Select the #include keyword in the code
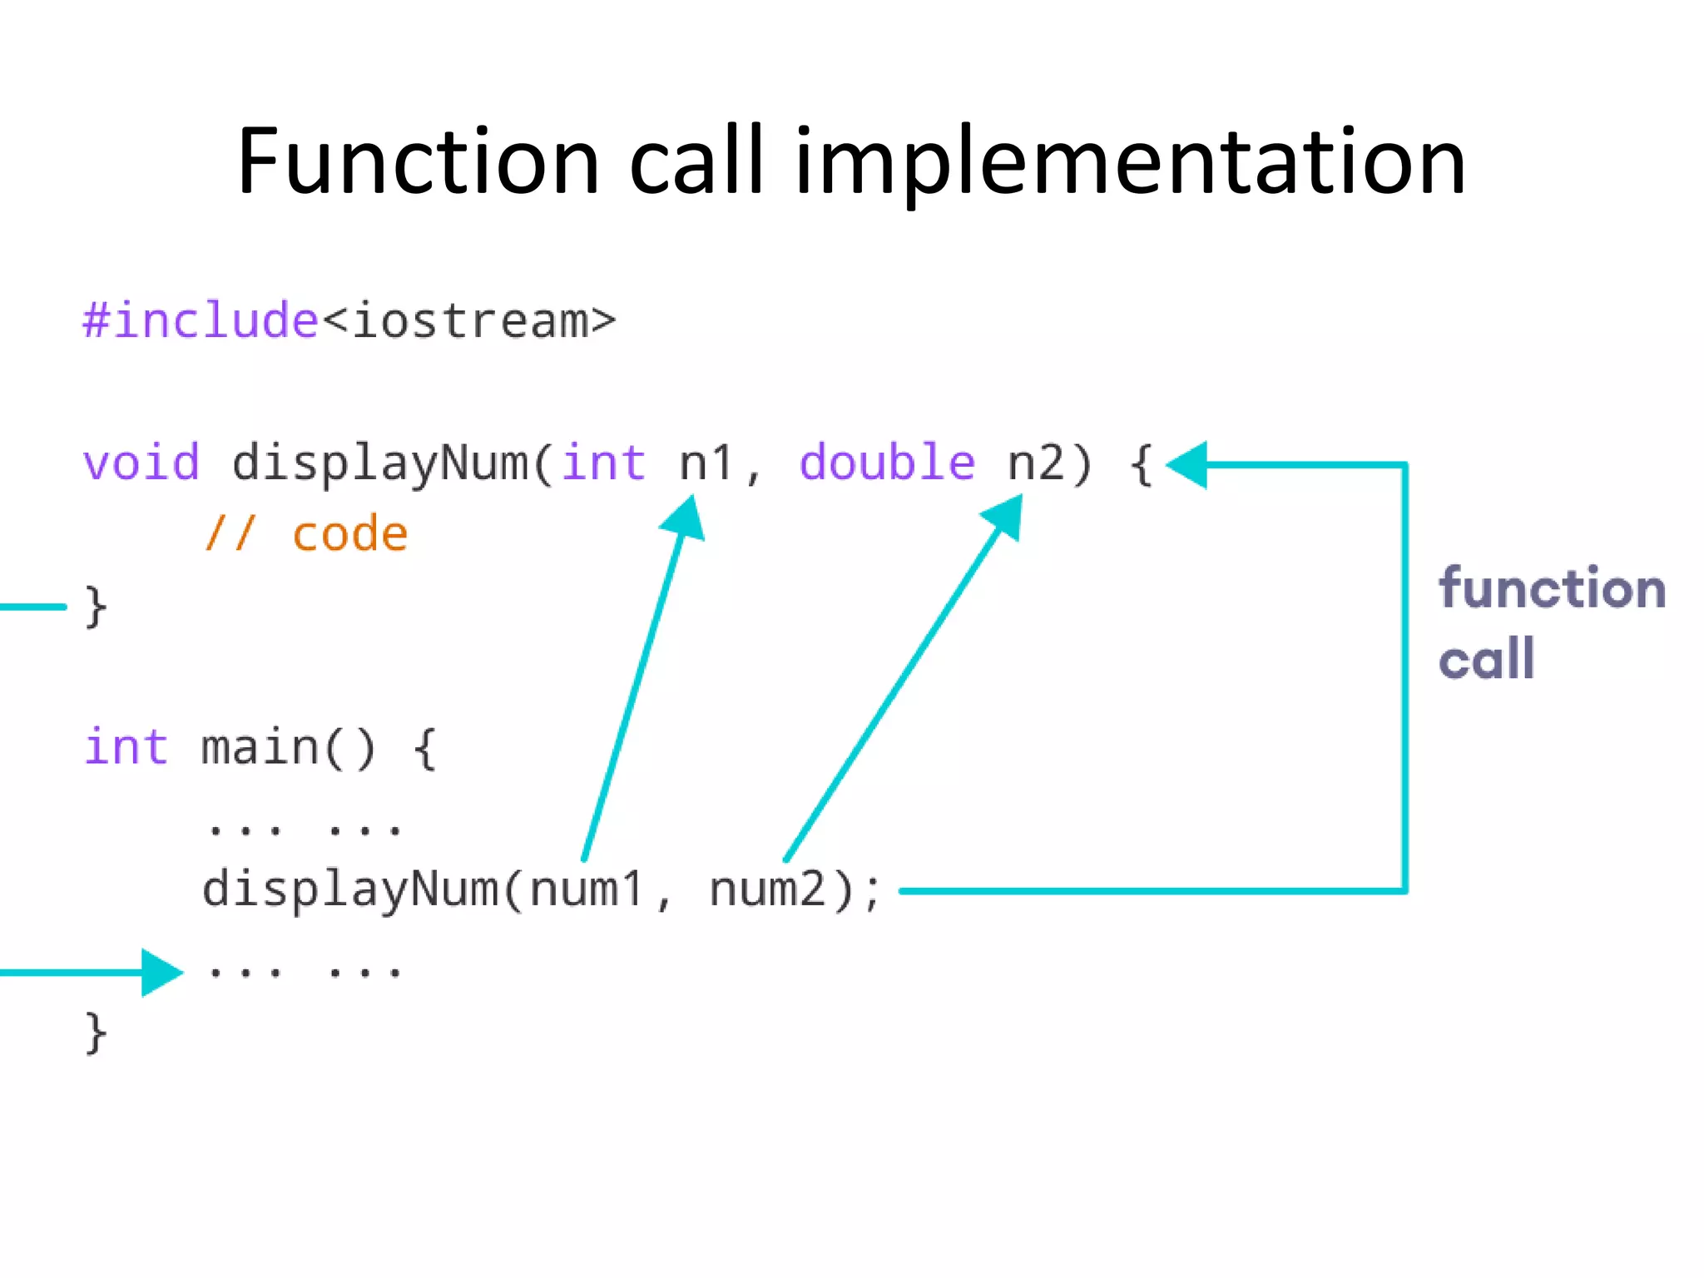pyautogui.click(x=200, y=321)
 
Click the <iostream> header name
pyautogui.click(x=469, y=321)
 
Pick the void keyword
pyautogui.click(x=141, y=463)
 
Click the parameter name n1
pyautogui.click(x=706, y=463)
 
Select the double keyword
pyautogui.click(x=887, y=463)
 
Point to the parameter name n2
pyautogui.click(x=1036, y=463)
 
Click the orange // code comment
pyautogui.click(x=307, y=534)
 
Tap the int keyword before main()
pyautogui.click(x=126, y=747)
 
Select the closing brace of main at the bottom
pyautogui.click(x=96, y=1033)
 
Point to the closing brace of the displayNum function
pyautogui.click(x=96, y=607)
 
